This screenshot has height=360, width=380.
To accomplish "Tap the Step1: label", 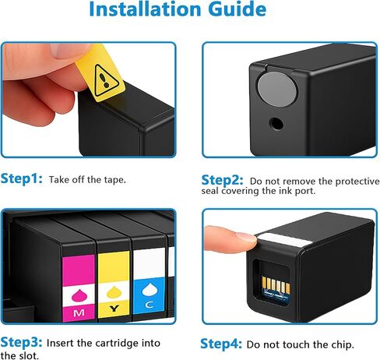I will [x=22, y=178].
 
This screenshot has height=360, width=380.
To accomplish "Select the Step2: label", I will [x=223, y=178].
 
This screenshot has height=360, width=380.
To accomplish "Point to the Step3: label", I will [x=22, y=342].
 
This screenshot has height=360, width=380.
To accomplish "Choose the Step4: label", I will [x=222, y=343].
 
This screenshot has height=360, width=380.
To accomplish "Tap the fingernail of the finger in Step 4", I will [x=247, y=236].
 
